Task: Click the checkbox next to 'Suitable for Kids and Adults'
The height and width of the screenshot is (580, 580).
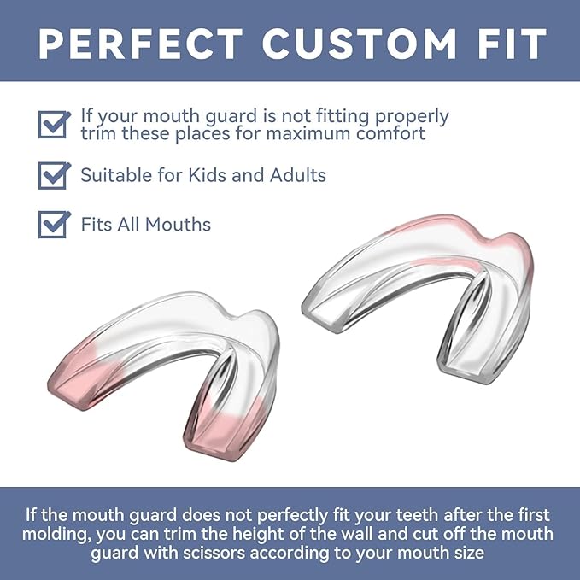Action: [x=54, y=175]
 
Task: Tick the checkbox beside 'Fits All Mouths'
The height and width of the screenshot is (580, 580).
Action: [x=54, y=224]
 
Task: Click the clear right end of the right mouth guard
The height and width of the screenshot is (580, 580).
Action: [x=466, y=359]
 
